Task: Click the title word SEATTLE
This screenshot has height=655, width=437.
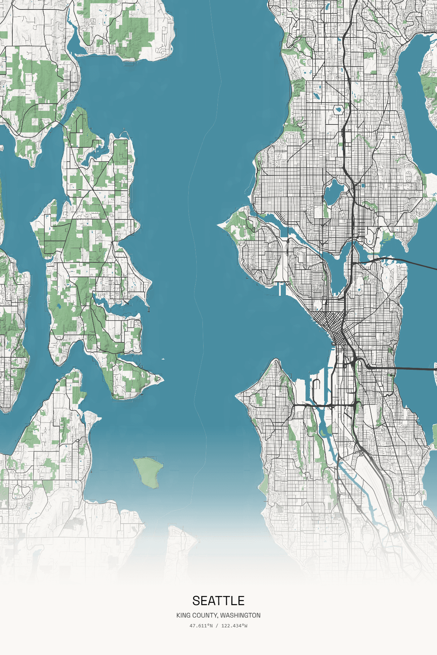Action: [219, 601]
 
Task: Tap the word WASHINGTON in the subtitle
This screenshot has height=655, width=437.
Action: [240, 615]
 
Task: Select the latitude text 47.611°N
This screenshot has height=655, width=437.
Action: [201, 626]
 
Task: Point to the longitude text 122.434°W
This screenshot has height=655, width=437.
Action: [234, 626]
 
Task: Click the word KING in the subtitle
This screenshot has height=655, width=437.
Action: [183, 615]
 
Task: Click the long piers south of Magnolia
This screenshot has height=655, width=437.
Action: [282, 289]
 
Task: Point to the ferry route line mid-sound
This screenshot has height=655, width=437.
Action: [197, 291]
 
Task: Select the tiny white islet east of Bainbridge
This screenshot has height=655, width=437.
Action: [163, 359]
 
